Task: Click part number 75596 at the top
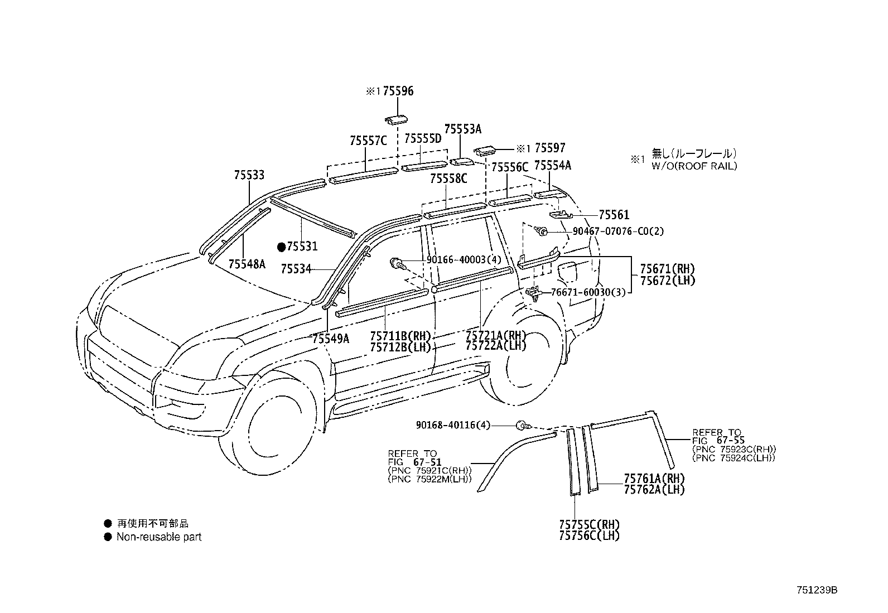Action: tap(398, 91)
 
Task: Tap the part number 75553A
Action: tap(462, 129)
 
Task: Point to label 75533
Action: tap(249, 175)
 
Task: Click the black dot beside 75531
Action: tap(282, 246)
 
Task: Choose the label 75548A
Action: tap(247, 264)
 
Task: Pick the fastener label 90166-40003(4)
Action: tap(464, 260)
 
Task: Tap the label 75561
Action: tap(614, 215)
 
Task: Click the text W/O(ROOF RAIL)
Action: tap(694, 166)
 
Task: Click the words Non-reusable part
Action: tap(158, 537)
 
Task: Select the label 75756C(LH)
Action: tap(589, 535)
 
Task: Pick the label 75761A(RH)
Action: tap(654, 479)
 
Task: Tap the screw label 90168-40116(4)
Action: tap(452, 425)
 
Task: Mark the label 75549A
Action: tap(330, 339)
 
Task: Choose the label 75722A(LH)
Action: tap(495, 345)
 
